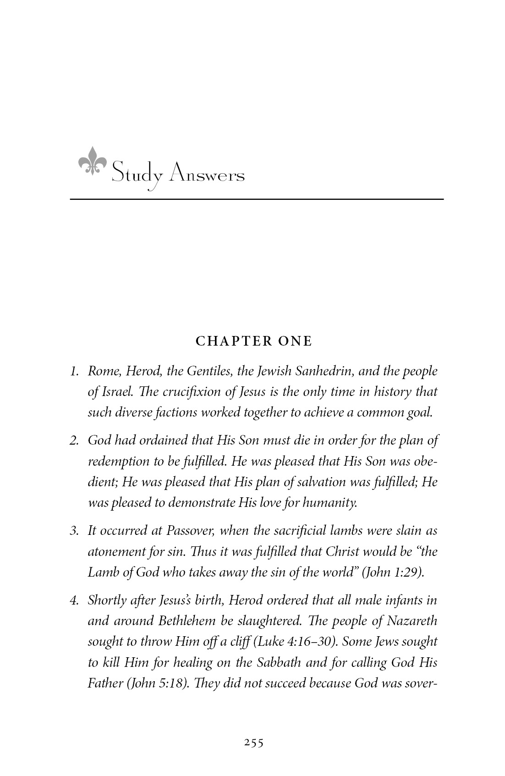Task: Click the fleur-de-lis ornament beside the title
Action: [x=92, y=161]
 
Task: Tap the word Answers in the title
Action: [x=207, y=175]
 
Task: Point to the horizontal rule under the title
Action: [x=257, y=199]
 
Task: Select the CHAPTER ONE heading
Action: [x=254, y=341]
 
